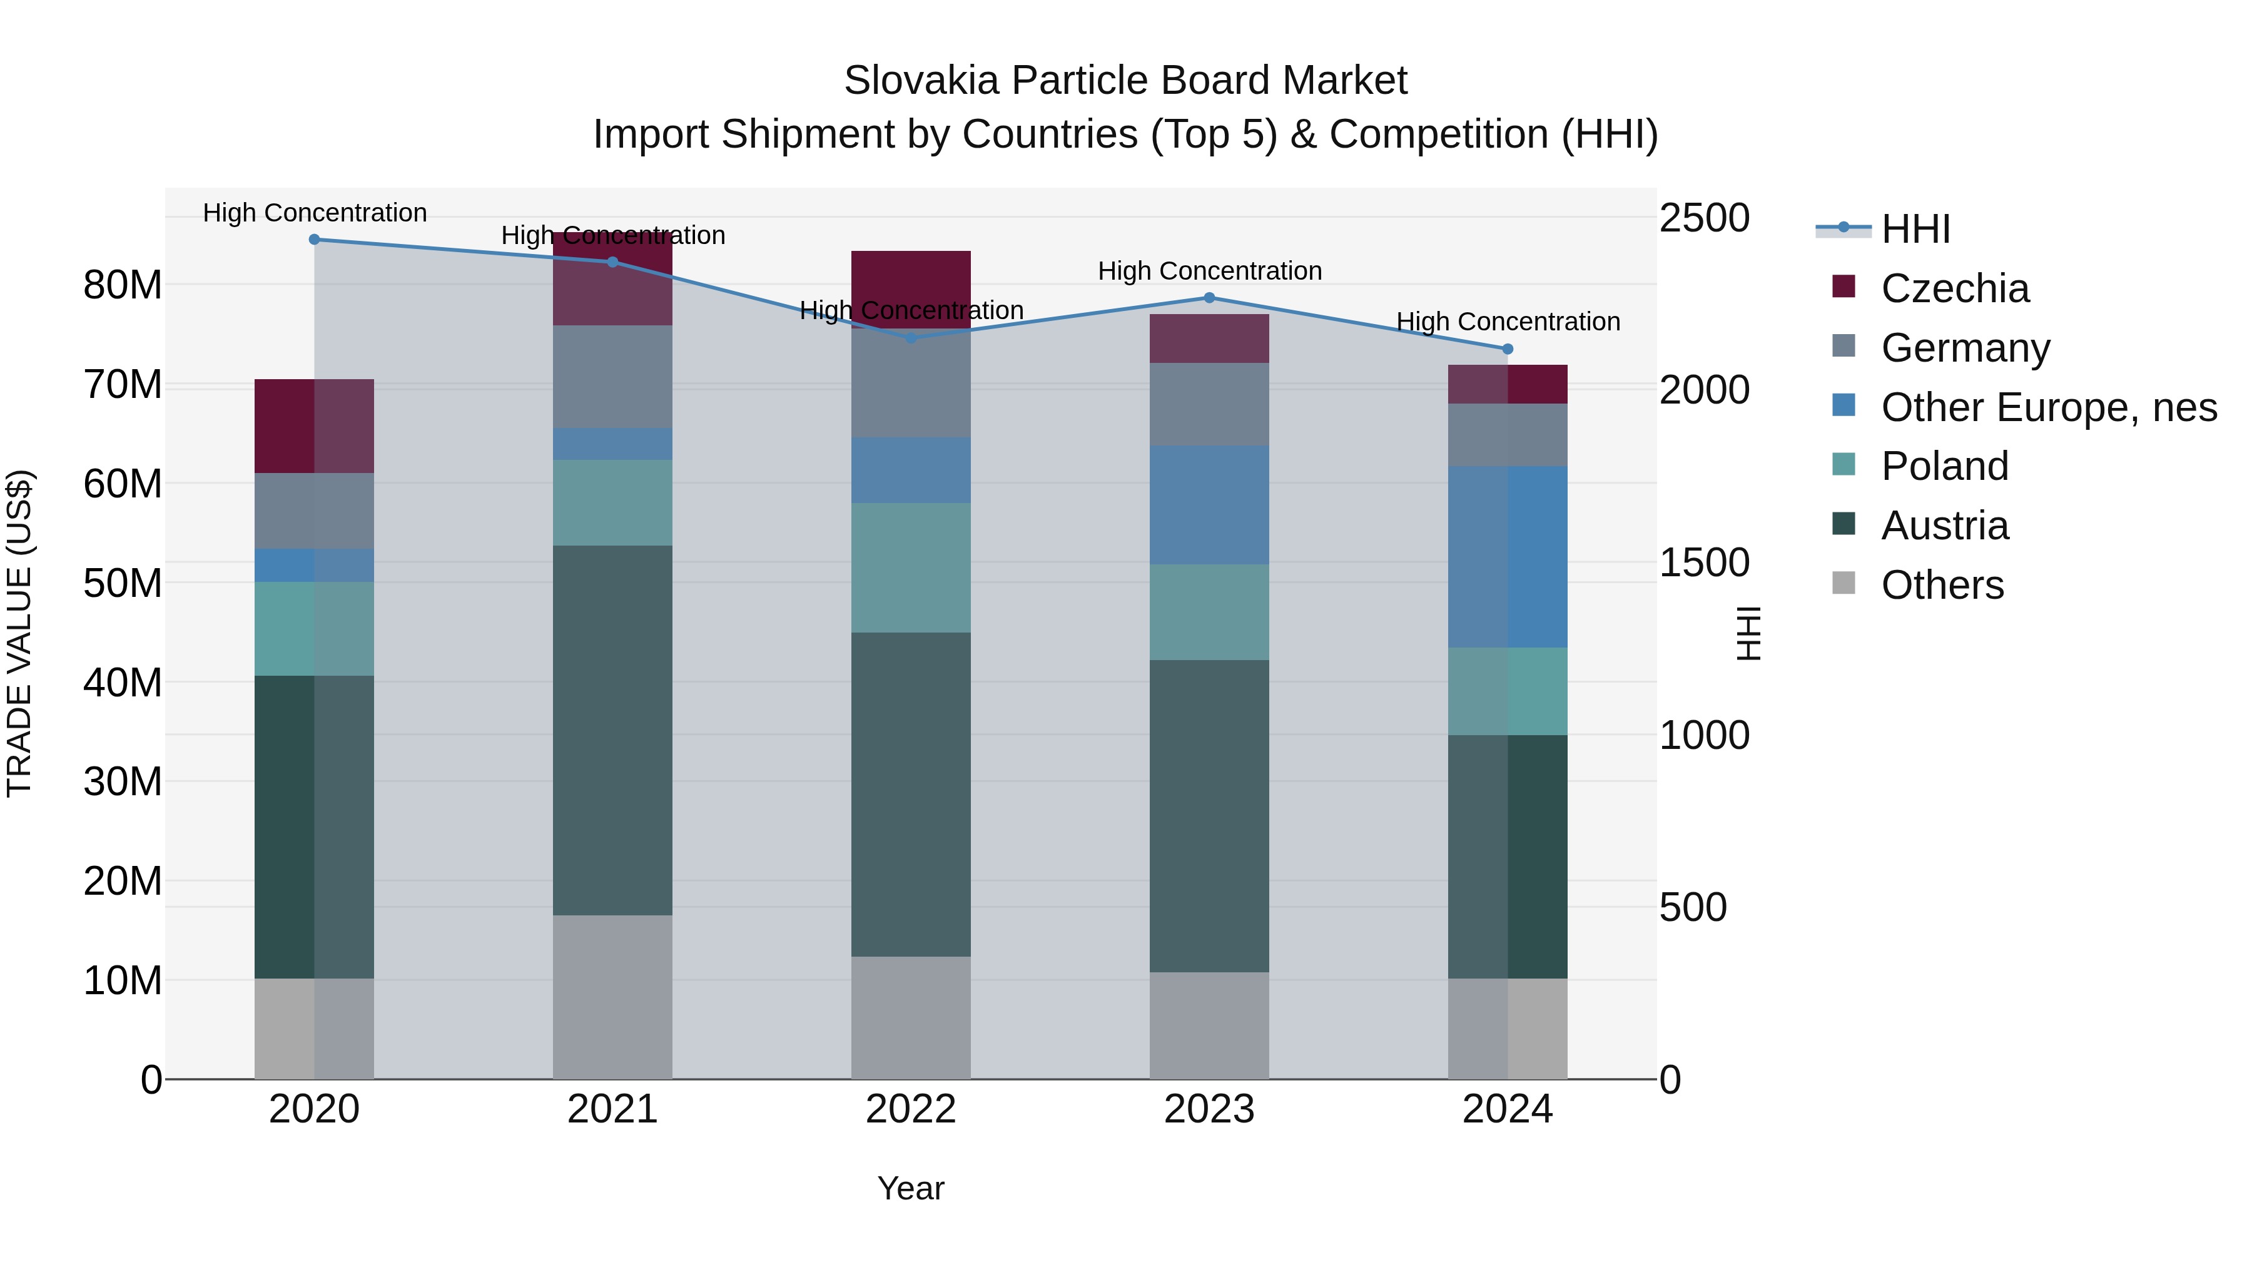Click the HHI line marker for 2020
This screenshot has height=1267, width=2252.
tap(315, 240)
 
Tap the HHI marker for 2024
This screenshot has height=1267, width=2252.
tap(1507, 350)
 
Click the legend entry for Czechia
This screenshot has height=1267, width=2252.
tap(1955, 288)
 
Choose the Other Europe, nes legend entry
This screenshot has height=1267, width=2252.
tap(2048, 407)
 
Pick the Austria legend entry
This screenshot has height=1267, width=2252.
tap(1944, 526)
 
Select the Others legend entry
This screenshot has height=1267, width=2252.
tap(1942, 585)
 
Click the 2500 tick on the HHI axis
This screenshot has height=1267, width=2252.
tap(1704, 218)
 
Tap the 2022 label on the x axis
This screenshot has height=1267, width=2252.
tap(911, 1109)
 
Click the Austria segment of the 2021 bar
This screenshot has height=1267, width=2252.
tap(613, 730)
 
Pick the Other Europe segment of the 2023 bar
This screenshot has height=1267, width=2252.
tap(1209, 504)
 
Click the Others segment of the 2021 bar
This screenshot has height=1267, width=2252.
tap(613, 997)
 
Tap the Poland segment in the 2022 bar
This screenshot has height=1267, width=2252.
tap(911, 567)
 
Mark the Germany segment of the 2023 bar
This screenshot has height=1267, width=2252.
tap(1209, 404)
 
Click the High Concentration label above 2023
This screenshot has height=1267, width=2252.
tap(1209, 271)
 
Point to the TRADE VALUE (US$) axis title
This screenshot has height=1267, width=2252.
tap(19, 633)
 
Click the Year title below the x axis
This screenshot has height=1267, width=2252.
tap(911, 1188)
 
